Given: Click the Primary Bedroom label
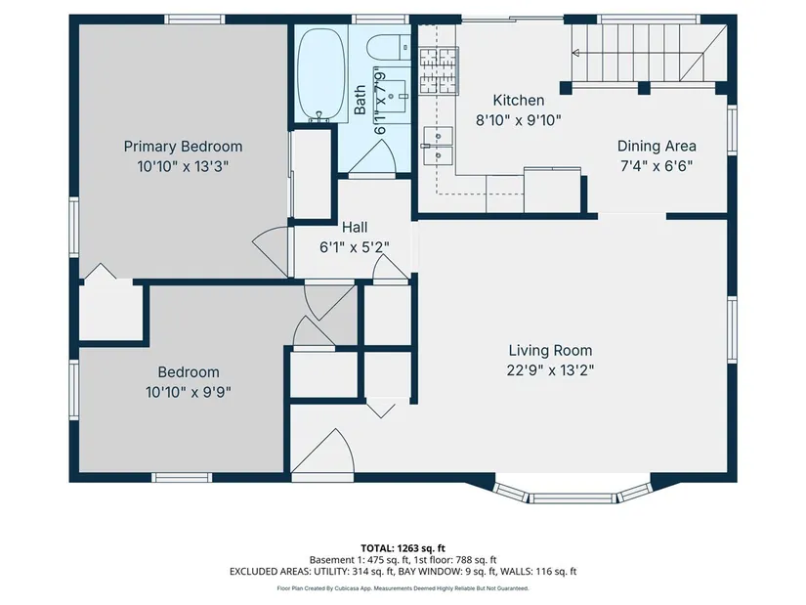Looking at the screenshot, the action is coord(183,147).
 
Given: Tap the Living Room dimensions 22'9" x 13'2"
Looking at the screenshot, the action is coord(551,370).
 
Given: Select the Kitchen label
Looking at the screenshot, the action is coord(518,100).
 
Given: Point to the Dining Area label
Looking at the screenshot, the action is coord(657,146).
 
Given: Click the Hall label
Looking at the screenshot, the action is coord(355,227).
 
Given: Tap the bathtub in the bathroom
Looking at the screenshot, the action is coord(321,74).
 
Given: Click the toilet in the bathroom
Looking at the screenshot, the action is coord(389,48).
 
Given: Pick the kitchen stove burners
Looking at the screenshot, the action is coord(439,70).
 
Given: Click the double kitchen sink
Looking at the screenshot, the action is coord(438,146).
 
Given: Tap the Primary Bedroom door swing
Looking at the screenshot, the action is coord(271,251).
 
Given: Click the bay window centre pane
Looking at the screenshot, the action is coord(573,498).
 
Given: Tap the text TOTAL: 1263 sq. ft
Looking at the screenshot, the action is coord(403,548).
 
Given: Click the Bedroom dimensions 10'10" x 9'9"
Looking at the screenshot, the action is coord(189,393).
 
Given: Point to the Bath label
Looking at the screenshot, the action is coord(360,100).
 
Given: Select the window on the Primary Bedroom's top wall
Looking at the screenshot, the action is coord(194,20).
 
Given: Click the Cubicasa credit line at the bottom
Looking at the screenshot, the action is coord(403,588).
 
